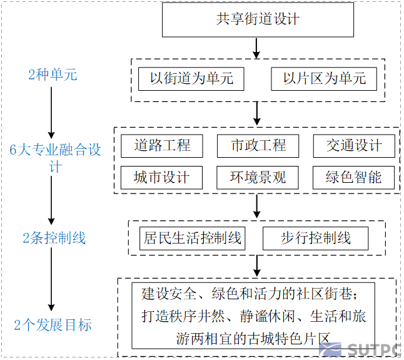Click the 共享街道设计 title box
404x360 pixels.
[258, 19]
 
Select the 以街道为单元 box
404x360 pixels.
[191, 79]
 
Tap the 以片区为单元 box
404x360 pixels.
[324, 79]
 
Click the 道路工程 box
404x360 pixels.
[162, 146]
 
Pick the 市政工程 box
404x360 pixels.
[258, 146]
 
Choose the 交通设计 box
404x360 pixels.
[354, 146]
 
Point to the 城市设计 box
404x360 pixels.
[162, 178]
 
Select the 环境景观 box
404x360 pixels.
[258, 178]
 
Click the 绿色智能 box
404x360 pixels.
[354, 178]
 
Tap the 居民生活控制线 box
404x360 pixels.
[192, 238]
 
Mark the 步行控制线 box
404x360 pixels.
[315, 238]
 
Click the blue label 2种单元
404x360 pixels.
[53, 75]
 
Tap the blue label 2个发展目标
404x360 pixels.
[53, 325]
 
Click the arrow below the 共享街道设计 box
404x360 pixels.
[256, 48]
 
